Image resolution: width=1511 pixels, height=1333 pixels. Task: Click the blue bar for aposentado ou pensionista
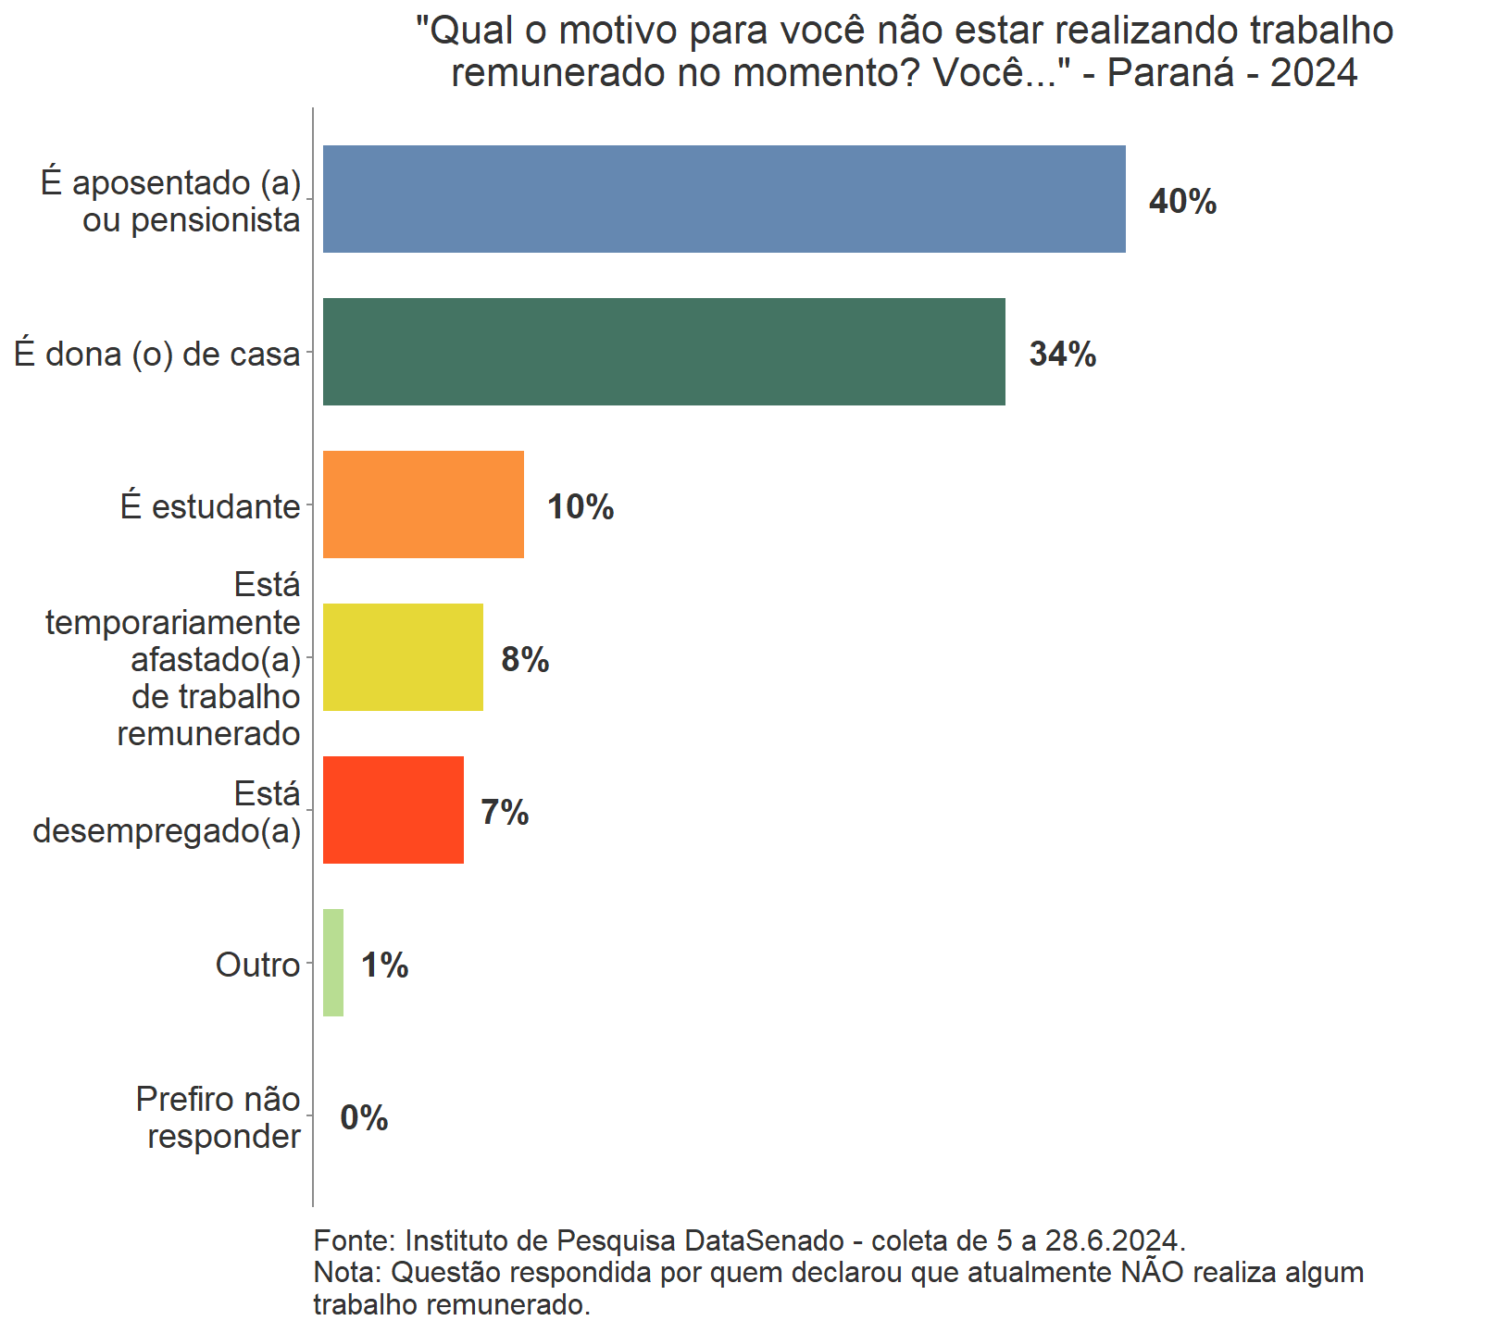click(x=724, y=199)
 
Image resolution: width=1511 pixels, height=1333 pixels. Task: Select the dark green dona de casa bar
click(x=664, y=352)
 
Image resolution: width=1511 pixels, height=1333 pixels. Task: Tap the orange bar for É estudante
click(x=423, y=505)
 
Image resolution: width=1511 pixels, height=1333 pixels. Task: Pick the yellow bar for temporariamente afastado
click(x=403, y=657)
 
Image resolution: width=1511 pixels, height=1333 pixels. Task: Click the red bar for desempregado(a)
click(x=393, y=810)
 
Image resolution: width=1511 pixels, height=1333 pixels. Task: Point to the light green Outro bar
click(x=333, y=963)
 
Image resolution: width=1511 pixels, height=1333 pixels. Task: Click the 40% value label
click(x=1182, y=202)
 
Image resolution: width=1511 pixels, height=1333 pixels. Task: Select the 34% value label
click(x=1063, y=355)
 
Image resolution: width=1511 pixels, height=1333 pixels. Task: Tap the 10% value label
click(x=581, y=507)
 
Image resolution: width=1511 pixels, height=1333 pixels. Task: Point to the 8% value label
click(x=525, y=660)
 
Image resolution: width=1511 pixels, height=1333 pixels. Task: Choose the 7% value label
click(x=505, y=813)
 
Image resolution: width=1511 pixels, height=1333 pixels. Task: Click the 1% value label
click(x=384, y=965)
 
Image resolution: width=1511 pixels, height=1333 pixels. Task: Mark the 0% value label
click(x=364, y=1118)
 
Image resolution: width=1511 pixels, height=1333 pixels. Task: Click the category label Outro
click(x=257, y=965)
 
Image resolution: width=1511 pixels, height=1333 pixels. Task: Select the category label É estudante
click(x=210, y=506)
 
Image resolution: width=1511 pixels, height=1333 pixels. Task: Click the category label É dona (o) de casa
click(x=157, y=354)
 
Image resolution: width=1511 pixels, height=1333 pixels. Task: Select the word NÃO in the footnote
click(x=1152, y=1272)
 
